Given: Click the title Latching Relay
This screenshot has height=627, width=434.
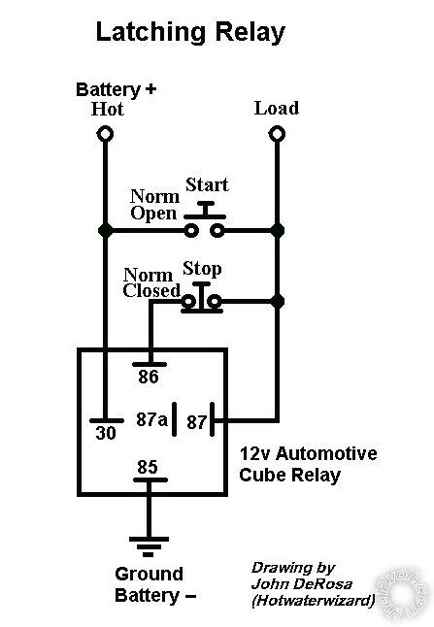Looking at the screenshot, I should tap(189, 33).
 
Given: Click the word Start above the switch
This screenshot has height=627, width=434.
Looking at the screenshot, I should tap(206, 184).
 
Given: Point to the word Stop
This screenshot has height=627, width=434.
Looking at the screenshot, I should tap(202, 269).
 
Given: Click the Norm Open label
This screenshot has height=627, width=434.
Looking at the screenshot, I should tap(154, 205).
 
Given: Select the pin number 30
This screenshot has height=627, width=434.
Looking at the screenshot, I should tap(106, 434).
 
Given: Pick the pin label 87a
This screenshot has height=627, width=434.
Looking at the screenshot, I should tap(151, 419).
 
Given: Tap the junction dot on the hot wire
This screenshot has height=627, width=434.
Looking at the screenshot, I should tap(104, 231).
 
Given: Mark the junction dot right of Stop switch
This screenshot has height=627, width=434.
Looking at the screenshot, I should tap(277, 302).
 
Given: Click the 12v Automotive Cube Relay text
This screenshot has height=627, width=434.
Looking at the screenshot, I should tap(308, 465).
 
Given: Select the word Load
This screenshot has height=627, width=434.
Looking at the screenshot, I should tap(276, 108).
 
